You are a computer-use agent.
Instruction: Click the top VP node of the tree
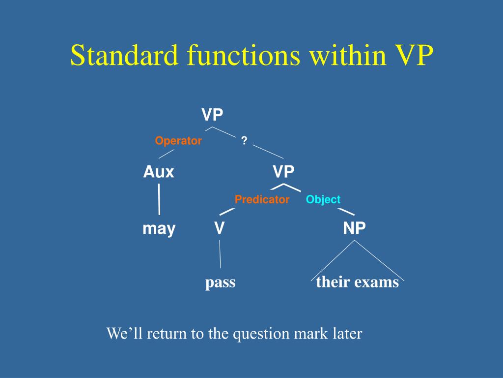click(212, 115)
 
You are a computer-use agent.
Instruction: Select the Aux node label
click(159, 172)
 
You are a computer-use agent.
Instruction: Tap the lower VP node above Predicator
click(283, 172)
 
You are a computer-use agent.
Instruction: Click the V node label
click(219, 228)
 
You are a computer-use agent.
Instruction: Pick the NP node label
click(354, 228)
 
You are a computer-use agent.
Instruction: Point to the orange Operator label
click(178, 141)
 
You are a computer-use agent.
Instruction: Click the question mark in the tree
click(244, 141)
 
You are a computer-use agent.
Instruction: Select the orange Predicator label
click(262, 199)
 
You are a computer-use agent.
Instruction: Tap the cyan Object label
click(323, 199)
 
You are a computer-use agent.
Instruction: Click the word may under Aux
click(159, 229)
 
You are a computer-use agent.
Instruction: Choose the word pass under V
click(220, 283)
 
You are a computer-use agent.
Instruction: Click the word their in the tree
click(332, 282)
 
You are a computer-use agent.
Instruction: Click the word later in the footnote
click(347, 334)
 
